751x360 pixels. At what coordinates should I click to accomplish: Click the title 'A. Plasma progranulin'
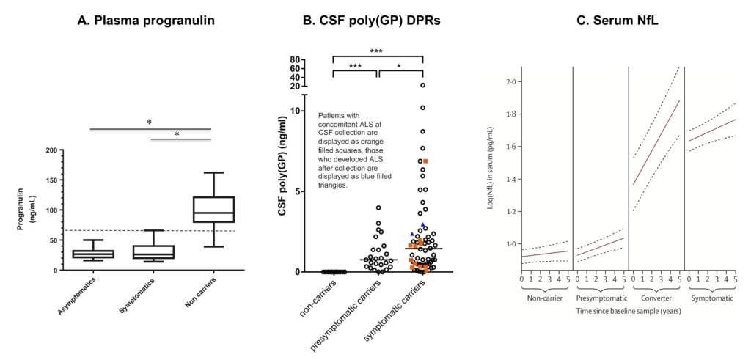coord(146,21)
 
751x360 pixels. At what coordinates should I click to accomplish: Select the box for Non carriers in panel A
coord(213,209)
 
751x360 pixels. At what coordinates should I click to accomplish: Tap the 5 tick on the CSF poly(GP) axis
coord(297,191)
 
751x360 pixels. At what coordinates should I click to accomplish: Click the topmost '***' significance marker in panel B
coord(377,51)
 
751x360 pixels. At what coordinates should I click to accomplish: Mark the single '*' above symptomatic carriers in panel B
coord(400,66)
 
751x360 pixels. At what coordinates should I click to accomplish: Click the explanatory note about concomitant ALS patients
coord(348,150)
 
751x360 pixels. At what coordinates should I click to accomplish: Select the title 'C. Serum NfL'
coord(617,21)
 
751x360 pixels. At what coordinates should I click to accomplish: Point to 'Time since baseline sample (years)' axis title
coord(628,312)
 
